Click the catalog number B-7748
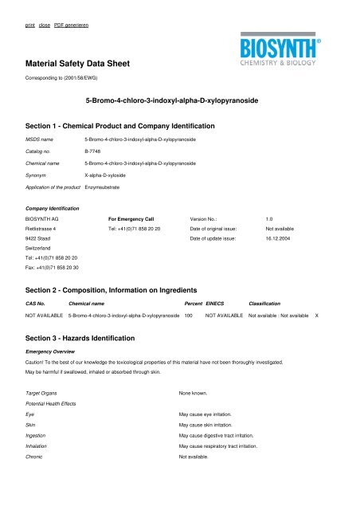coord(92,149)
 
